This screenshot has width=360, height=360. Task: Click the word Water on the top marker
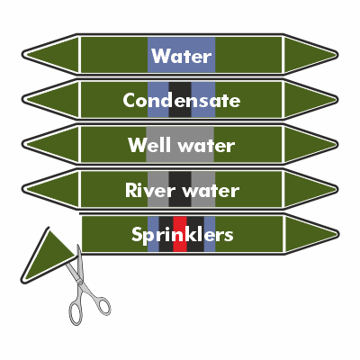point(182,56)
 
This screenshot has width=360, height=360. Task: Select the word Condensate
point(182,100)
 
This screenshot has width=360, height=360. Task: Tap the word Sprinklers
point(183,235)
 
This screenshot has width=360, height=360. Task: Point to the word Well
point(151,145)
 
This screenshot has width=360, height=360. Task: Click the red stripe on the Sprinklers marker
point(180,234)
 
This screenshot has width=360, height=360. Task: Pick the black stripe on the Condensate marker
point(180,100)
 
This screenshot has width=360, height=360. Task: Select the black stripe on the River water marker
point(180,189)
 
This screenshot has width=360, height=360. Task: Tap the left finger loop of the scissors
point(76,313)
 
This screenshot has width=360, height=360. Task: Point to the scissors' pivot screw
point(80,281)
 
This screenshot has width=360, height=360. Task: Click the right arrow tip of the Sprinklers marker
point(339,234)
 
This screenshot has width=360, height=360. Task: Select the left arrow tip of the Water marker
point(22,55)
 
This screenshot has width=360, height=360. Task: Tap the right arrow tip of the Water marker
point(338,55)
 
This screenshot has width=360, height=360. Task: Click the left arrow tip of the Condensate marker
point(22,99)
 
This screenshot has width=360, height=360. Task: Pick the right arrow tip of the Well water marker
point(338,144)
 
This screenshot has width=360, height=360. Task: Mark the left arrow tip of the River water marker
point(22,189)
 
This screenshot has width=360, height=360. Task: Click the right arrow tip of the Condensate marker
point(338,99)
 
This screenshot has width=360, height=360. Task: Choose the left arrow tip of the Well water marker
point(22,144)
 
